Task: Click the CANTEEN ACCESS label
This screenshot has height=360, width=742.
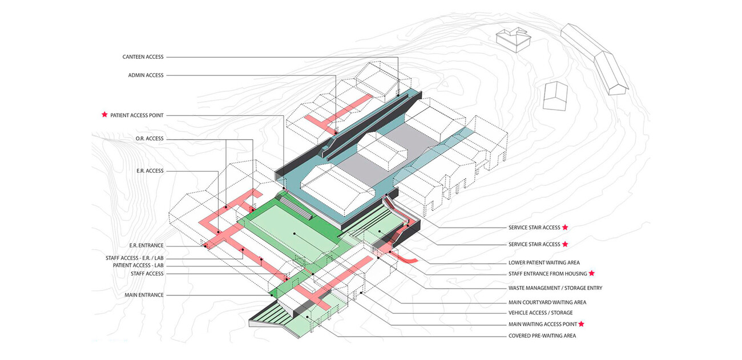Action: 143,57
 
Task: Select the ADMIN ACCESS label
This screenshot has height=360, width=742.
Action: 146,75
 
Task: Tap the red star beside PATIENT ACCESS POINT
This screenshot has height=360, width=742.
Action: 104,115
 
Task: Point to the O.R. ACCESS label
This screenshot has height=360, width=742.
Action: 150,139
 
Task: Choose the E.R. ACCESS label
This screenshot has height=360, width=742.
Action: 150,171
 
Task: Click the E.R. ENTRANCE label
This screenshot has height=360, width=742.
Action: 146,246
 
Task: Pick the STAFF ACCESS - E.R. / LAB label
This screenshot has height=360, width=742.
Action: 135,258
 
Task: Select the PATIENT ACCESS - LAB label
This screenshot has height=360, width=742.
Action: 138,266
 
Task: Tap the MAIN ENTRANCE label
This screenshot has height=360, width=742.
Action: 144,295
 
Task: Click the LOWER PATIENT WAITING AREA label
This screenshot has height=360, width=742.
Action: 544,263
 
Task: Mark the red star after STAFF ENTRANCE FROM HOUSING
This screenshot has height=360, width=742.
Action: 592,273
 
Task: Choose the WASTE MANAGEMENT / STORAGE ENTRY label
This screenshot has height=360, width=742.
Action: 555,288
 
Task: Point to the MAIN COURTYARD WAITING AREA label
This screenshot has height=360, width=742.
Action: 547,302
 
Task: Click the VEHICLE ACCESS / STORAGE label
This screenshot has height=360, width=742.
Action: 540,313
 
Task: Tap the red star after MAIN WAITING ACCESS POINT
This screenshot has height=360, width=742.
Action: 582,323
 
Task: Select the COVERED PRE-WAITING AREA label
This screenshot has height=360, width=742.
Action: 542,336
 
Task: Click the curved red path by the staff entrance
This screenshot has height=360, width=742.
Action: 406,257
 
